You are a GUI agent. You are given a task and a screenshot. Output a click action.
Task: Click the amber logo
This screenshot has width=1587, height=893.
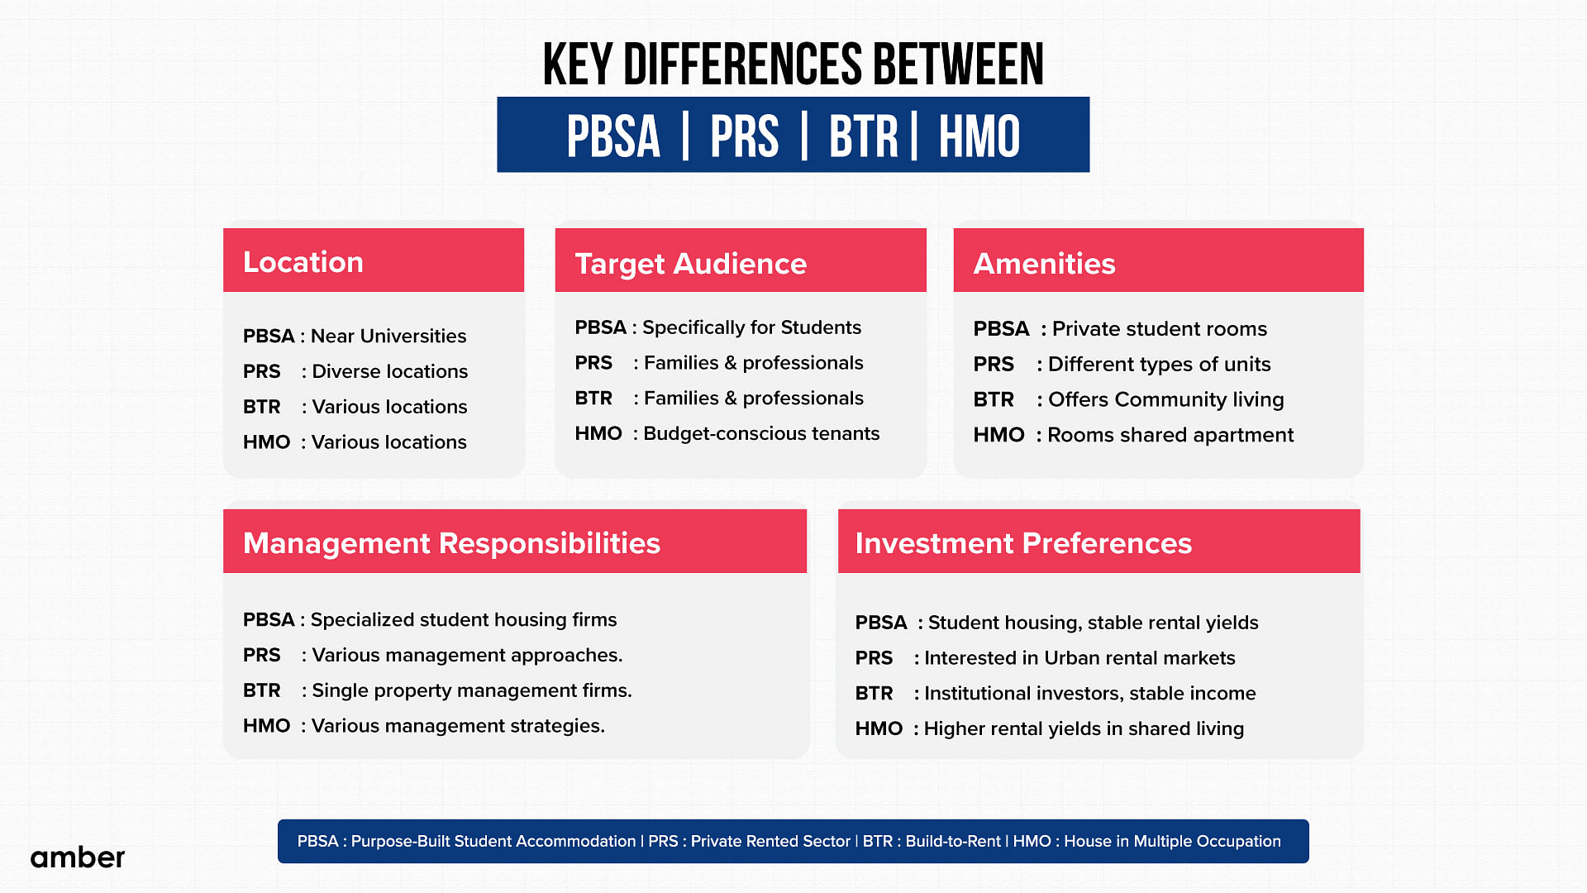pos(78,857)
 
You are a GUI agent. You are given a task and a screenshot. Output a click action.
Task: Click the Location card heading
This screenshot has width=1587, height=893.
pos(303,262)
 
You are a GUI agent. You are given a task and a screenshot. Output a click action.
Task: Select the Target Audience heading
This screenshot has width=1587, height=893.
pos(691,264)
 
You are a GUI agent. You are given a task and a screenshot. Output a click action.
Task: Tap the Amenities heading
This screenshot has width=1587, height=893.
pos(1045,264)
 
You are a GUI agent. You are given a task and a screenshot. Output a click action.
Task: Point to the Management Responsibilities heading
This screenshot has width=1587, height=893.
pos(452,543)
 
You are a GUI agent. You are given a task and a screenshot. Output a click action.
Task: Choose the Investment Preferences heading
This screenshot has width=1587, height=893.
pos(1024,543)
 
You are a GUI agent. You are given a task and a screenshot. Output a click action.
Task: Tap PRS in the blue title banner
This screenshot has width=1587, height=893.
pos(745,136)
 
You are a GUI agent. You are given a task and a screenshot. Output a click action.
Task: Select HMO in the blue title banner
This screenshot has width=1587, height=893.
pos(979,136)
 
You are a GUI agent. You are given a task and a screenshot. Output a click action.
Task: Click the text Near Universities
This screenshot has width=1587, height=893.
pos(388,336)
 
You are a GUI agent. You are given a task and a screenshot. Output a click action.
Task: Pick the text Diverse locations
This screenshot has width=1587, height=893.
pos(390,371)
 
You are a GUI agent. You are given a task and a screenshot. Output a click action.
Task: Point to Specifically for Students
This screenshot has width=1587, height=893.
pos(752,327)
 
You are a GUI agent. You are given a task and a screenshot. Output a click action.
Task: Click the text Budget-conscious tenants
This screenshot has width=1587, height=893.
pos(762,433)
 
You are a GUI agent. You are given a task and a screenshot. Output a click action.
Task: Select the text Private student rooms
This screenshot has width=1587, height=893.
pos(1160,329)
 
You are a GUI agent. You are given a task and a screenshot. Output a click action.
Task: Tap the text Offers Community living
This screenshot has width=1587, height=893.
pos(1166,399)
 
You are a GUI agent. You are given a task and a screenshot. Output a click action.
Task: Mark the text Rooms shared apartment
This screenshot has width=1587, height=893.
pos(1171,435)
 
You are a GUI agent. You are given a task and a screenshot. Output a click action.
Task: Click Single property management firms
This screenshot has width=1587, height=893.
pos(472,690)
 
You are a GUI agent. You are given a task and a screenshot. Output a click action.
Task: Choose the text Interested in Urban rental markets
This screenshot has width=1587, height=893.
pos(1080,658)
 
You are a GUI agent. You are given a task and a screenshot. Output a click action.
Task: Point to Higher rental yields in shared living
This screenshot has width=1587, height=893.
pos(1084,728)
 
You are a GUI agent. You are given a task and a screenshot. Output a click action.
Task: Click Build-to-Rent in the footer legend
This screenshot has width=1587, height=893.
pos(953,841)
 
